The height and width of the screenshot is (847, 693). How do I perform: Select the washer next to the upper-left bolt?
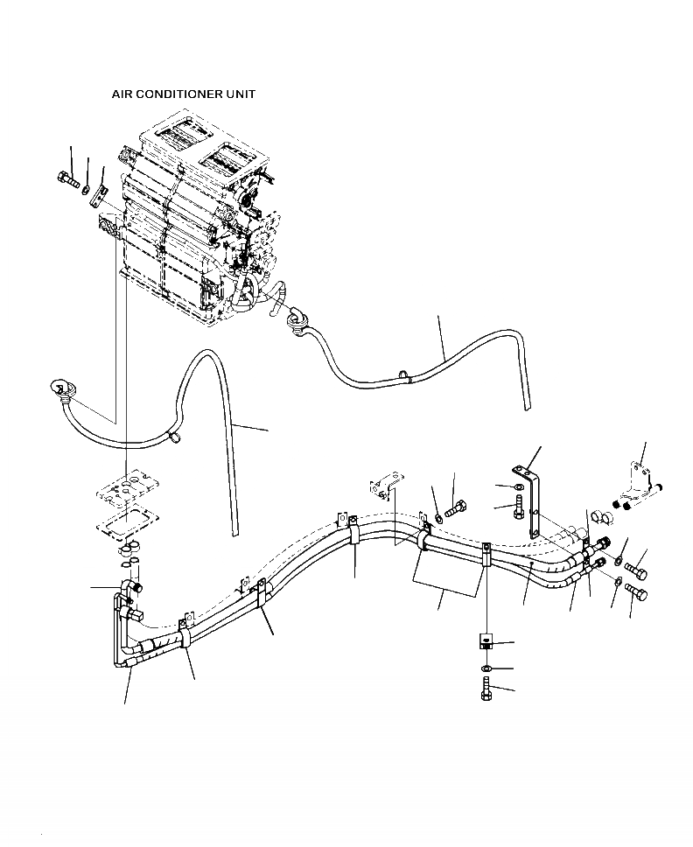coord(87,188)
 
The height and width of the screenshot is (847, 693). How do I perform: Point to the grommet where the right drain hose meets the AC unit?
coord(297,318)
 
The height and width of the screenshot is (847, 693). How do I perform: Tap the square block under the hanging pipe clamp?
coord(486,642)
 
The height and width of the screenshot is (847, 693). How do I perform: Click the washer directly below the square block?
coord(486,669)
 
